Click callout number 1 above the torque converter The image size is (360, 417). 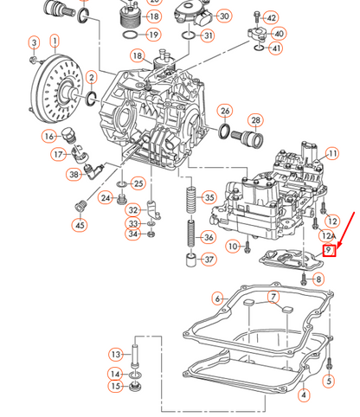point(55,42)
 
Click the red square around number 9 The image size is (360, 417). point(330,250)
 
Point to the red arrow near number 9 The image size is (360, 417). point(345,230)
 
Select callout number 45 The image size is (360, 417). point(80,225)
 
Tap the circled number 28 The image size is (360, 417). point(255,120)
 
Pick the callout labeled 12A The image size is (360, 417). point(328,236)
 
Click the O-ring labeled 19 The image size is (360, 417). point(130,35)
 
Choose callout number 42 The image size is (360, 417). point(271,18)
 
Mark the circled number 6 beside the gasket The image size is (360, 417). point(218,299)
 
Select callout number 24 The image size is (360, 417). point(106,198)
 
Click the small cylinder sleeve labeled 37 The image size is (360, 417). point(190,260)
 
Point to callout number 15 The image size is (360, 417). point(115,386)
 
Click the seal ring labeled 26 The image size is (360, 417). point(225,132)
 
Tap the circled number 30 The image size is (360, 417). point(224,16)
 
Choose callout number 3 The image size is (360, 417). point(35,43)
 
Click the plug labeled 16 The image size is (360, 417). point(67,134)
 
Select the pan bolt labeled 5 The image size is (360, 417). point(329,363)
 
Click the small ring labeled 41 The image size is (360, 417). point(260,48)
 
